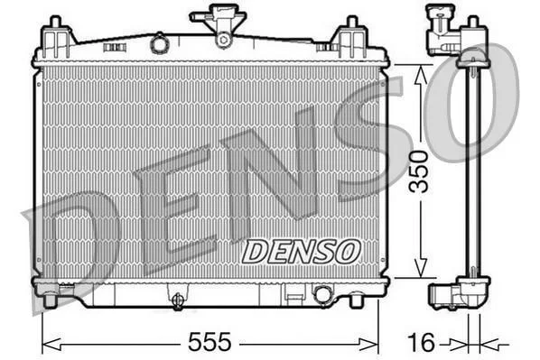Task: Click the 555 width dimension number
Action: (x=209, y=342)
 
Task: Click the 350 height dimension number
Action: (x=418, y=171)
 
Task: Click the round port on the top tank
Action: (x=159, y=43)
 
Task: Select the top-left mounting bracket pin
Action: (x=55, y=22)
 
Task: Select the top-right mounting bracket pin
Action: (x=351, y=22)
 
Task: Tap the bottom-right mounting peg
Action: (x=357, y=300)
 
